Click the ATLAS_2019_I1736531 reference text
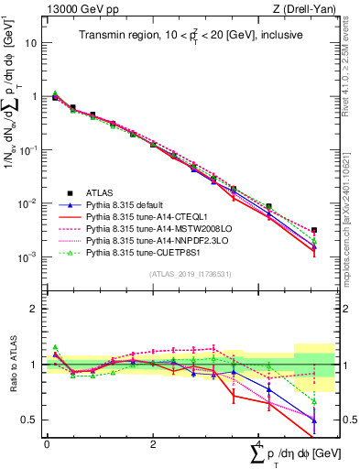click(182, 274)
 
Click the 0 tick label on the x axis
click(47, 443)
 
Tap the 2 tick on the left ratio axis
click(34, 309)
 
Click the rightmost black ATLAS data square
click(314, 230)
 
